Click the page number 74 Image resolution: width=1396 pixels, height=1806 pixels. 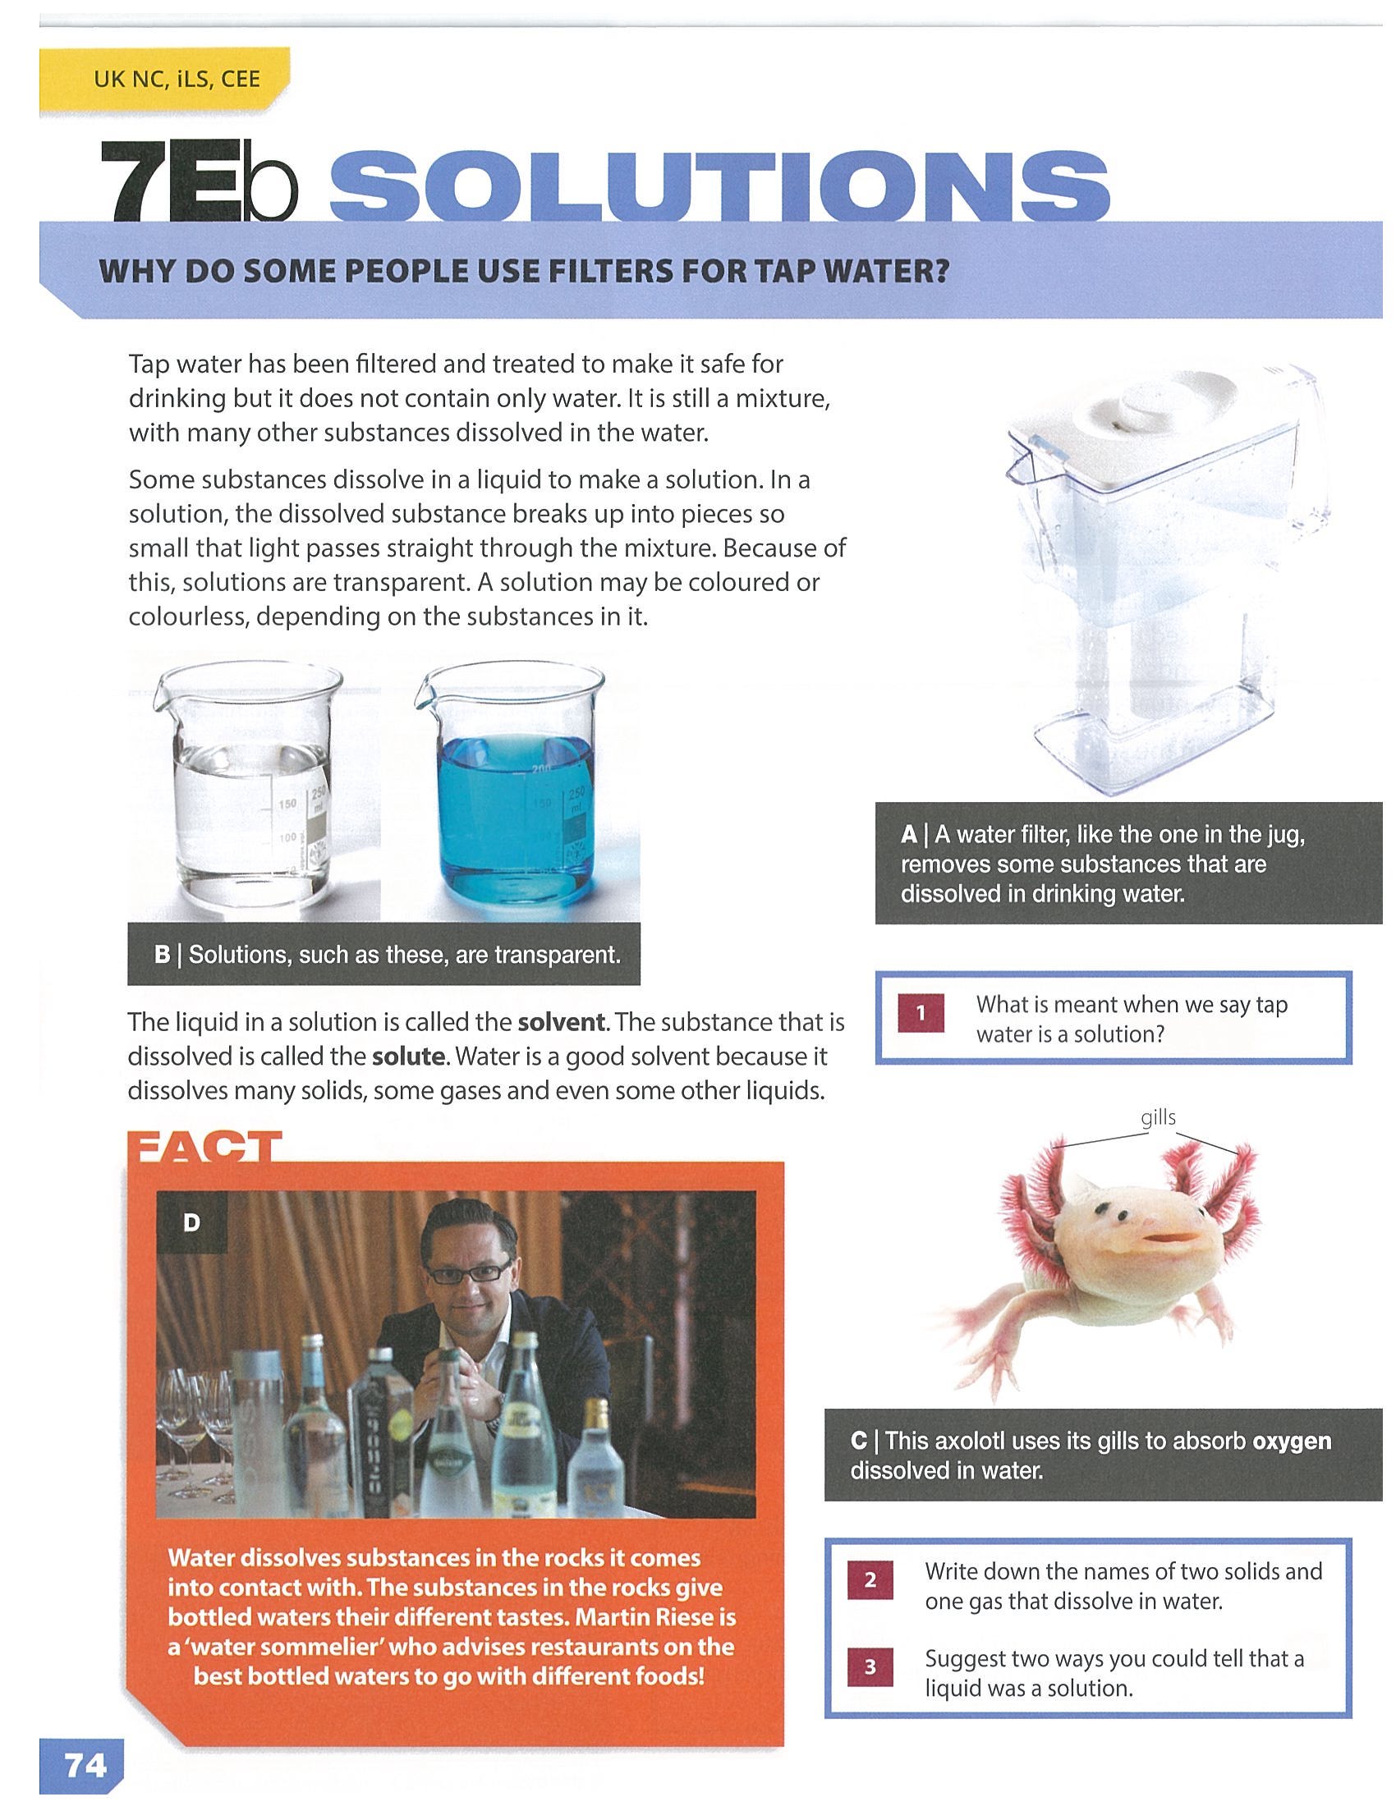click(85, 1766)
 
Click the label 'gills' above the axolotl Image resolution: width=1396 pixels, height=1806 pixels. click(1158, 1118)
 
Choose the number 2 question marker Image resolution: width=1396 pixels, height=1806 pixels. click(869, 1580)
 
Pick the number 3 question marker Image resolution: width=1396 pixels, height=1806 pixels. click(869, 1667)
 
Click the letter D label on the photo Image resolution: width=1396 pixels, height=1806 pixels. click(192, 1222)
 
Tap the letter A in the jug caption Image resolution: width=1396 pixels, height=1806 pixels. click(909, 834)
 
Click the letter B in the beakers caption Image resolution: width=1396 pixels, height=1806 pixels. click(162, 955)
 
